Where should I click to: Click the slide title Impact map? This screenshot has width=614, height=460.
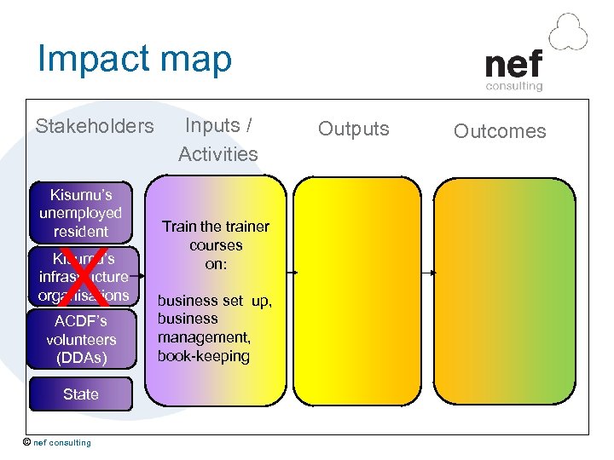(x=135, y=60)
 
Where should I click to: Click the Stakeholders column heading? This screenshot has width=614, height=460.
(x=95, y=127)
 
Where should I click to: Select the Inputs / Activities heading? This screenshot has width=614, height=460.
(x=218, y=140)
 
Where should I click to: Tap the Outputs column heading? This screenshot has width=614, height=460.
(x=353, y=129)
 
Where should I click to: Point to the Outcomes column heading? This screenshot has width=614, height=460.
(x=500, y=131)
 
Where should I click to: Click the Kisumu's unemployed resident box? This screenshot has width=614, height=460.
(x=81, y=213)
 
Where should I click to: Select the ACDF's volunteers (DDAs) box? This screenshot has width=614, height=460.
(x=81, y=339)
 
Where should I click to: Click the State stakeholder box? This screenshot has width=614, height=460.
(x=81, y=394)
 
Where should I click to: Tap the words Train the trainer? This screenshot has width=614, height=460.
(x=216, y=227)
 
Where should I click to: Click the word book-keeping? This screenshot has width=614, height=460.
(x=204, y=356)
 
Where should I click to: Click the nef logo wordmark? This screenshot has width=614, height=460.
(x=513, y=64)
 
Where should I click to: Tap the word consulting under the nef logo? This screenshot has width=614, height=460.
(x=514, y=85)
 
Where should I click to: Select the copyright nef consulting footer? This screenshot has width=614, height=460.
(x=57, y=442)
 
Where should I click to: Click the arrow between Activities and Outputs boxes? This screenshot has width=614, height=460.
(x=291, y=273)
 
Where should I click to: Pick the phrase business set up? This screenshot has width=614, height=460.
(x=214, y=301)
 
